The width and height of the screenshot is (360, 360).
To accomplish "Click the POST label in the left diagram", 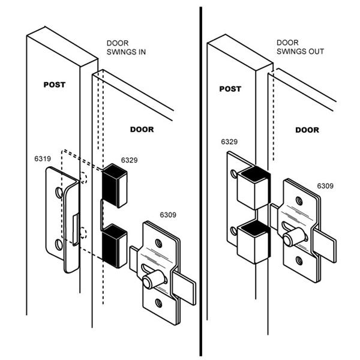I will (54, 85).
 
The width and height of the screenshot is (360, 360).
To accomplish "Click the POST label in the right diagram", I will (230, 88).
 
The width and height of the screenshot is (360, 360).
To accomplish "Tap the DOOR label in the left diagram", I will (142, 130).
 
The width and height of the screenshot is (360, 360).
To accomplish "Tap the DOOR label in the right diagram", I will (307, 130).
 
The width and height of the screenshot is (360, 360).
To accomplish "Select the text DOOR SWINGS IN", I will (126, 47).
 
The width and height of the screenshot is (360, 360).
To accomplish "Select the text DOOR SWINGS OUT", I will (300, 47).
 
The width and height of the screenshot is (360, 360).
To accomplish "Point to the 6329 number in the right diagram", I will (229, 142).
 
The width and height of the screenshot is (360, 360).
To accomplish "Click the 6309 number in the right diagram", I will (325, 185).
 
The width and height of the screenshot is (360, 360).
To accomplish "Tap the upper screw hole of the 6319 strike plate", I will (59, 193).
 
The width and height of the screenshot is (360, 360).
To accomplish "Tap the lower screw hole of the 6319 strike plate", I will (59, 245).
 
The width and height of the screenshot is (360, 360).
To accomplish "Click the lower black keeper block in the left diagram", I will (114, 246).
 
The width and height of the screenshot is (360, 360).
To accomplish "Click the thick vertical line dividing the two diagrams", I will (200, 180).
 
